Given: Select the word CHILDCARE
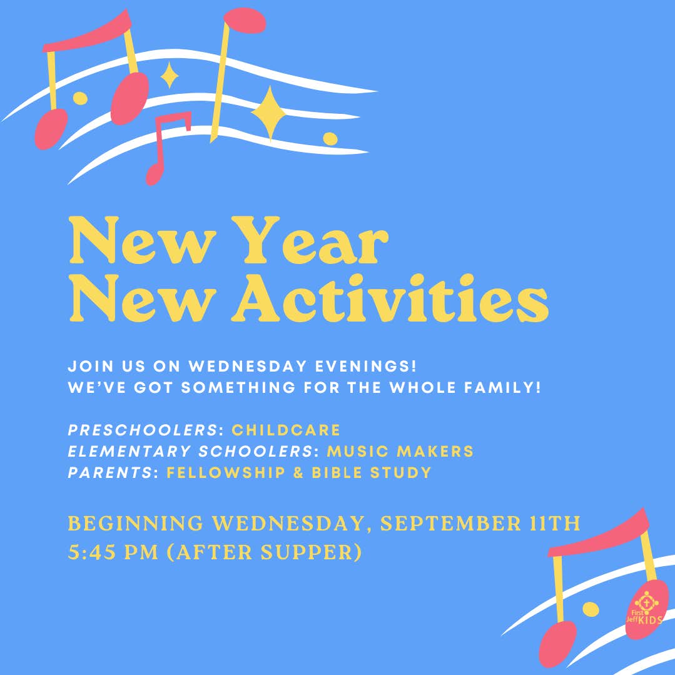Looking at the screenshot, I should click(x=286, y=430).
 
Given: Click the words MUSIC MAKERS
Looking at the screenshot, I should click(x=400, y=451).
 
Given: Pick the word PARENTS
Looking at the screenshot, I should click(x=109, y=472).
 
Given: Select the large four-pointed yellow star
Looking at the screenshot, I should click(x=270, y=113).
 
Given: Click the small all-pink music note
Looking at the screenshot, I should click(x=164, y=147).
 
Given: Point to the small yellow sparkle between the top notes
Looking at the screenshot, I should click(x=169, y=76).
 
